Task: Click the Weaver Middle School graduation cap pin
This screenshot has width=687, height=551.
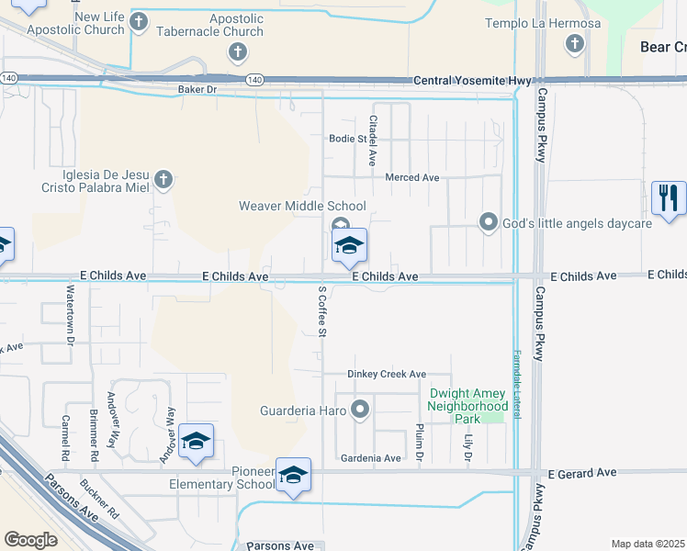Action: pyautogui.click(x=349, y=246)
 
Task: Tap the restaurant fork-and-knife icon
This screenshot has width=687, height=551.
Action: pyautogui.click(x=669, y=198)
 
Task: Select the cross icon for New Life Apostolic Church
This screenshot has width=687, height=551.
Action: pyautogui.click(x=139, y=21)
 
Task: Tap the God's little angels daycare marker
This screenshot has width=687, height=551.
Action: pyautogui.click(x=489, y=222)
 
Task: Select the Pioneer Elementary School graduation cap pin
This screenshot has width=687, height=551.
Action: pyautogui.click(x=293, y=476)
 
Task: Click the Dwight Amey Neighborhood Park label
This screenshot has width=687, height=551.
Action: pyautogui.click(x=468, y=405)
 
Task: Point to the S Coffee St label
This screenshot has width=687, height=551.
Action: pyautogui.click(x=322, y=310)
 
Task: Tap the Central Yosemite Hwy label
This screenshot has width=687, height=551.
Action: pyautogui.click(x=472, y=81)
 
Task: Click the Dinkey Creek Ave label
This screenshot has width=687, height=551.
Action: pyautogui.click(x=387, y=374)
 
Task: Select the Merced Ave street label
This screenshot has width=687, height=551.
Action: pyautogui.click(x=412, y=177)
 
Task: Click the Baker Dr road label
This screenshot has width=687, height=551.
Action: pyautogui.click(x=197, y=90)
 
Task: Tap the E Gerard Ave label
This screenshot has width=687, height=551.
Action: pyautogui.click(x=582, y=472)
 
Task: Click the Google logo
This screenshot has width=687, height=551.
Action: pyautogui.click(x=31, y=539)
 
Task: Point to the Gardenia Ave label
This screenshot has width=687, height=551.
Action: pyautogui.click(x=371, y=458)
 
